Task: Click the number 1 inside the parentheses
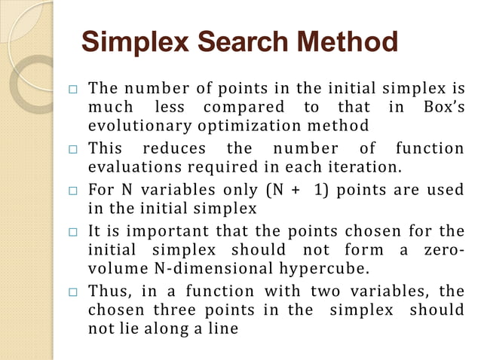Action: (x=320, y=188)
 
